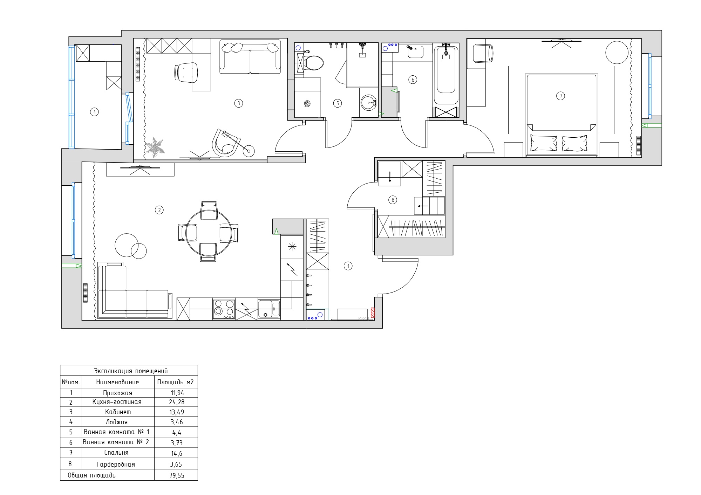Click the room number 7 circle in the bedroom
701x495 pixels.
pos(560,96)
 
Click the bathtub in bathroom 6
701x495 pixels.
pos(446,75)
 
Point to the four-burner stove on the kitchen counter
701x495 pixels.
pos(224,309)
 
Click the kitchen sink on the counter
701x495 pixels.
pos(269,309)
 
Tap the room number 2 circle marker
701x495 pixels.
pos(159,210)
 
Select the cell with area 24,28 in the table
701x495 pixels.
pos(176,402)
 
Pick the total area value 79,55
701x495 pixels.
pos(177,475)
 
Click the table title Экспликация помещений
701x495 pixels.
pos(131,371)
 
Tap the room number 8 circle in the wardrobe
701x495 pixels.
pos(393,200)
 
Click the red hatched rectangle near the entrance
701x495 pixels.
pos(373,312)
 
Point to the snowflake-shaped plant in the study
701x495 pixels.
pos(155,147)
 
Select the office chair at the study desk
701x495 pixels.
pos(186,73)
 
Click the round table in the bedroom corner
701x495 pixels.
pos(617,53)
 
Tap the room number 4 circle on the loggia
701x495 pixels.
pos(94,112)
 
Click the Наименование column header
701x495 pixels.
pos(117,382)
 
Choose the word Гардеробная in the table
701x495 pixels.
pos(116,465)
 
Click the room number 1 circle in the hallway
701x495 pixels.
pos(348,266)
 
